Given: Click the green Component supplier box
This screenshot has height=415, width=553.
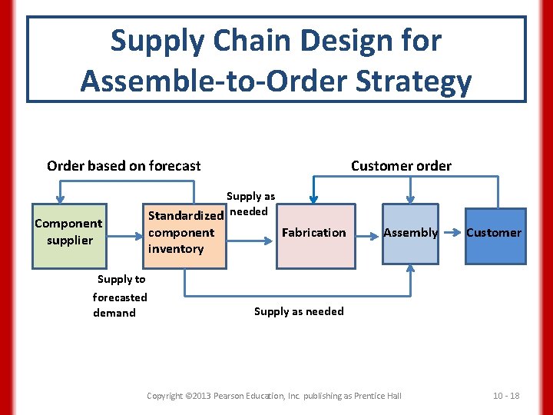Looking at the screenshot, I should pyautogui.click(x=68, y=236).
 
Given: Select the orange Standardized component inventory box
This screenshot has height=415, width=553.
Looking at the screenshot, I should pyautogui.click(x=187, y=236).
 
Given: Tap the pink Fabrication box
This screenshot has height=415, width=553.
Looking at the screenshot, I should pyautogui.click(x=315, y=236).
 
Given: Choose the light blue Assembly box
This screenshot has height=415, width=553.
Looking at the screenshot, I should pyautogui.click(x=410, y=236).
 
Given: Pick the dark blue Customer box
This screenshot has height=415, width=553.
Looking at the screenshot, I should pyautogui.click(x=494, y=236).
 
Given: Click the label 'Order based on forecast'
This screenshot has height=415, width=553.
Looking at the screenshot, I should pyautogui.click(x=124, y=166).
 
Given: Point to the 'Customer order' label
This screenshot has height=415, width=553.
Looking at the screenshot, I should pyautogui.click(x=401, y=166).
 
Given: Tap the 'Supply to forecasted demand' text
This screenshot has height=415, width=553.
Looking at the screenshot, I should pyautogui.click(x=120, y=296).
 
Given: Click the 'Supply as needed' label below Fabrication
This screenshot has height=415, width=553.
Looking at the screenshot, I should pyautogui.click(x=299, y=311).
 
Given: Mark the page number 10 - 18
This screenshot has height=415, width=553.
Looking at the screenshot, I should pyautogui.click(x=506, y=396).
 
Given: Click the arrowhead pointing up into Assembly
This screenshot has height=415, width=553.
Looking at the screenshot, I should pyautogui.click(x=410, y=270).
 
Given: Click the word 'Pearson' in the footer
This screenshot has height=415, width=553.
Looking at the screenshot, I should pyautogui.click(x=236, y=396).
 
